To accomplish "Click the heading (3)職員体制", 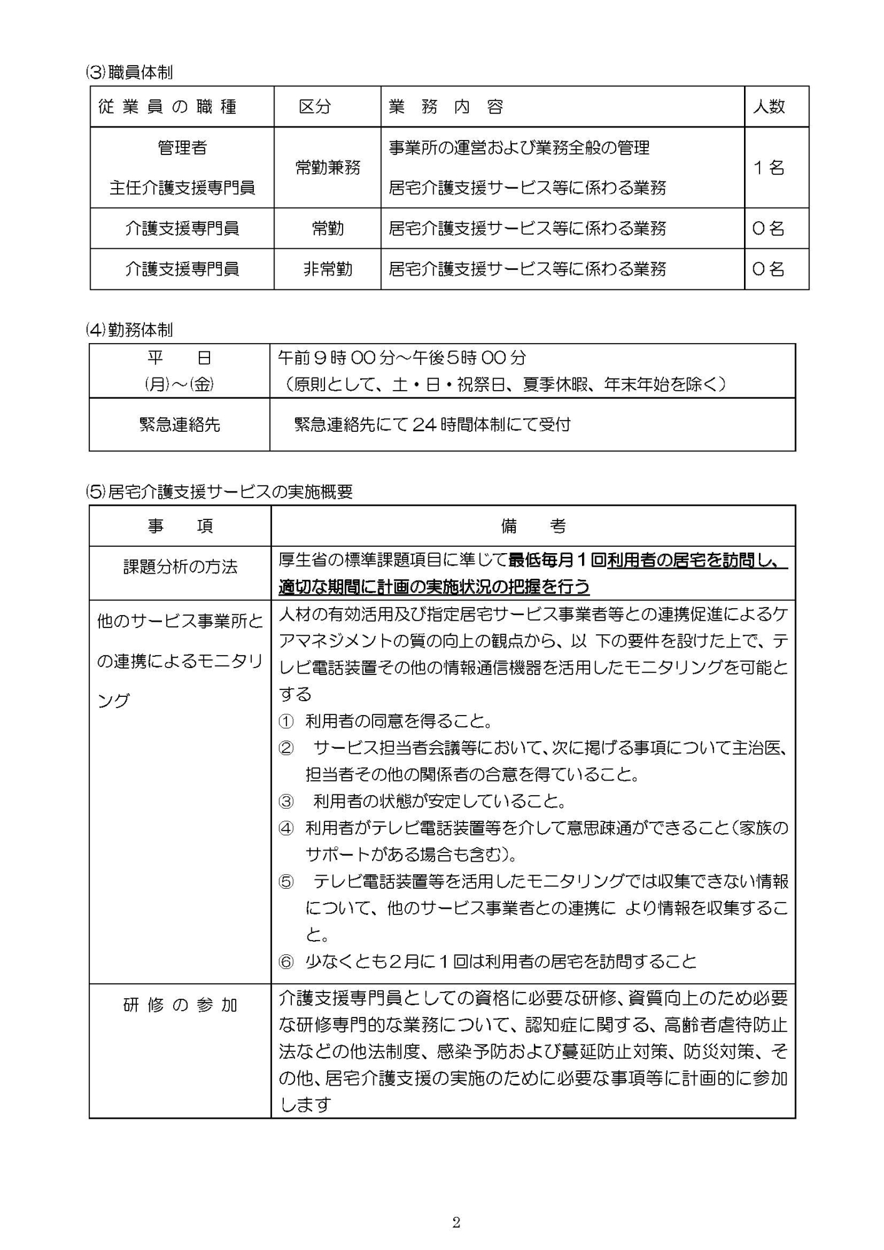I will [129, 72].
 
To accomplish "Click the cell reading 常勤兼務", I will [328, 167].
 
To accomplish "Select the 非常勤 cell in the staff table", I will [328, 269].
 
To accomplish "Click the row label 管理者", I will [182, 147].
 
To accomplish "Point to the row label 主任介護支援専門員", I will [182, 187].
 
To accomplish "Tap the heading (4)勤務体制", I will [129, 330].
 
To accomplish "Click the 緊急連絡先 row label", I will [179, 424].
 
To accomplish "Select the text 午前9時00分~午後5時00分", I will [402, 357].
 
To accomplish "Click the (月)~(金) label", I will [179, 384].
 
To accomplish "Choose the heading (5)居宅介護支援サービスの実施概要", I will [219, 492].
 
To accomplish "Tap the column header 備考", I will [533, 526].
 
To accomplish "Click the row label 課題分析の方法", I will [180, 567].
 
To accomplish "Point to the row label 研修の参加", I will [180, 1005].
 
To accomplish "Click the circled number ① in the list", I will [286, 722].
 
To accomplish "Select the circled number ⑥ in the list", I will [286, 962].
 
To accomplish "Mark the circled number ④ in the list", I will [286, 829].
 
